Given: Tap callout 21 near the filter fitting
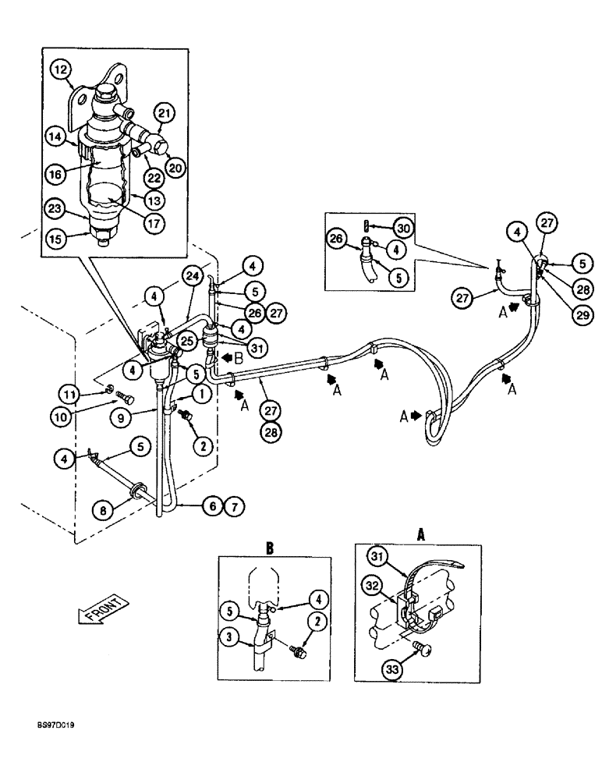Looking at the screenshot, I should pyautogui.click(x=163, y=114).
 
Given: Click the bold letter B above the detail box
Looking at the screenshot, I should pyautogui.click(x=271, y=548).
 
